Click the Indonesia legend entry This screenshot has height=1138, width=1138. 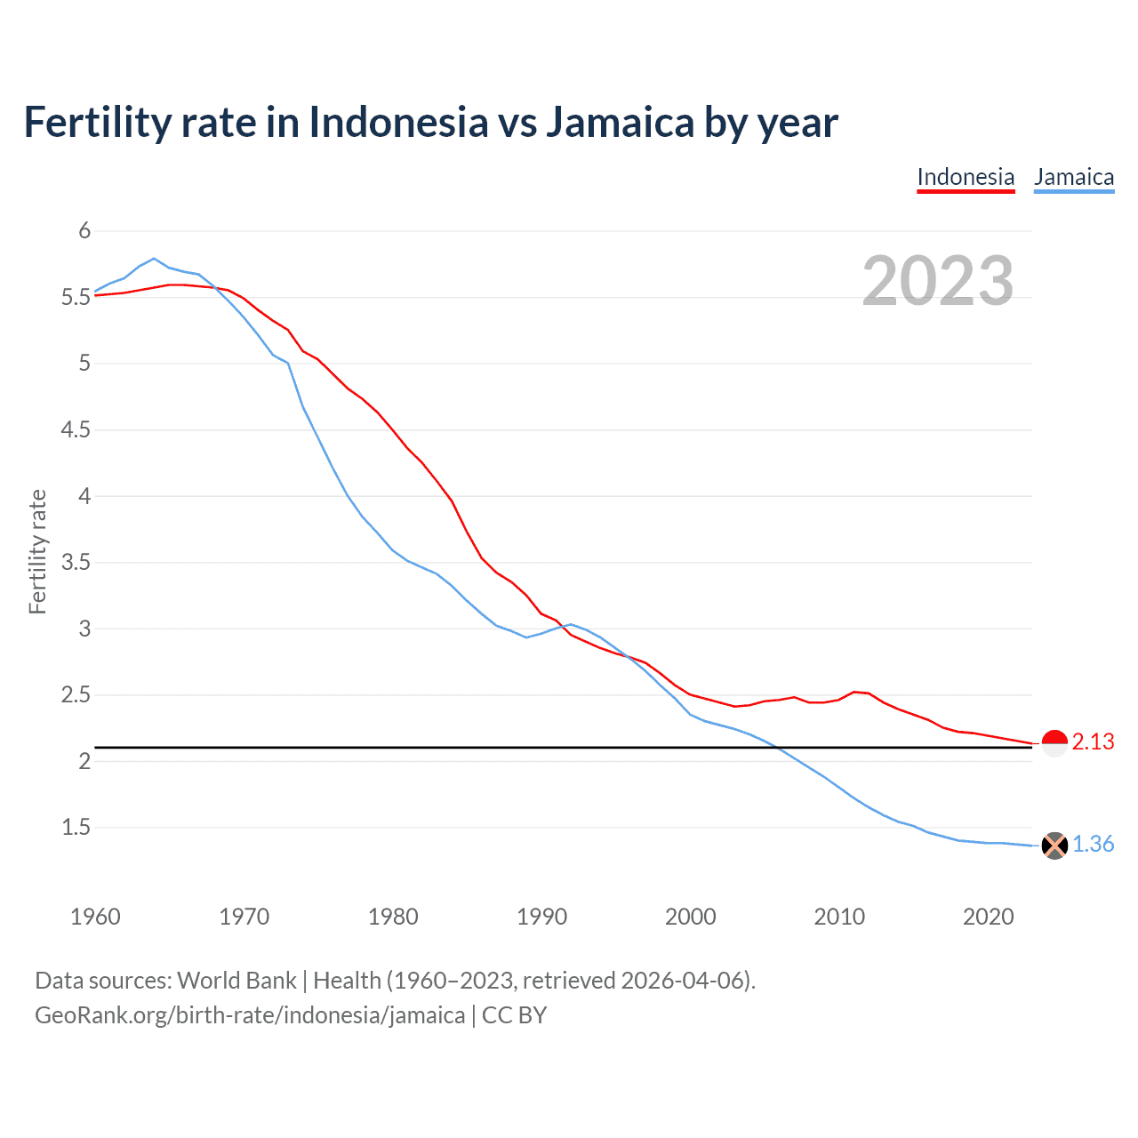[966, 177]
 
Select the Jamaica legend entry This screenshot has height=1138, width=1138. [1074, 177]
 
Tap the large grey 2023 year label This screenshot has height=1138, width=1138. [938, 281]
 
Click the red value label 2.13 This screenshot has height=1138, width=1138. [1093, 741]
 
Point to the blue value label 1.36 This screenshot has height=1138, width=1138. [1093, 844]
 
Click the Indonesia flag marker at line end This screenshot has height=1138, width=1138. [1054, 742]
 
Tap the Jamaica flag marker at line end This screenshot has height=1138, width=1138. [1054, 845]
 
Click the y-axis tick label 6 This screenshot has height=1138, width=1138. [84, 231]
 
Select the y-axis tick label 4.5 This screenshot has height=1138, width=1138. [76, 430]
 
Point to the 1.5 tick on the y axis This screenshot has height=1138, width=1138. [76, 828]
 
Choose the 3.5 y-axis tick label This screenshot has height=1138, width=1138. [76, 563]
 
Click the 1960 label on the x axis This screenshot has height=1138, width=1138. [95, 917]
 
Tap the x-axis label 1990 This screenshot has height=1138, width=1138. [541, 917]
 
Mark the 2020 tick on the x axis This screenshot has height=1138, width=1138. [988, 917]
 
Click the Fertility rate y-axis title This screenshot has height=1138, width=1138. [37, 551]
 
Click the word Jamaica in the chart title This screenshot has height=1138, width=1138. [619, 123]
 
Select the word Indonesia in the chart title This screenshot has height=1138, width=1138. [398, 123]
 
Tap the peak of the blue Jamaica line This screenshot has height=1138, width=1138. [154, 259]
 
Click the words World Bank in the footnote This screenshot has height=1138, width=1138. [236, 981]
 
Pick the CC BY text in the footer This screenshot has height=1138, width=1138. [514, 1015]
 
